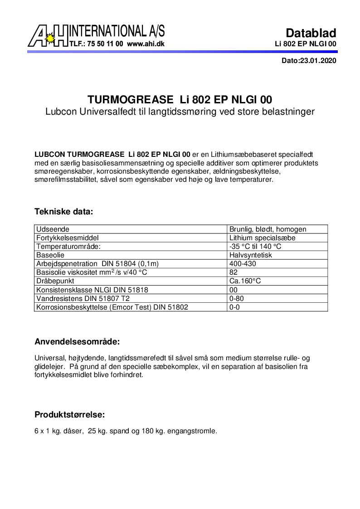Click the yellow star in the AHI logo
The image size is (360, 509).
tap(50, 39)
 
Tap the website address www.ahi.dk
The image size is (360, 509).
tap(146, 44)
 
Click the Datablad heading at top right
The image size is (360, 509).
tap(311, 33)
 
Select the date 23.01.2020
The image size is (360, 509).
tap(318, 61)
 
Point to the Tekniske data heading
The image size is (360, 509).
tap(64, 212)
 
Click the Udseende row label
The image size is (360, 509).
tap(53, 229)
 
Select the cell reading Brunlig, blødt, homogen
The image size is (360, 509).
tap(268, 229)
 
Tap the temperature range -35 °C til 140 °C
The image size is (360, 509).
tap(255, 247)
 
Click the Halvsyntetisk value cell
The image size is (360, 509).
tap(251, 255)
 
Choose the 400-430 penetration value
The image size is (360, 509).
tap(243, 264)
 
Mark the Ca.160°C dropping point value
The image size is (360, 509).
tap(245, 281)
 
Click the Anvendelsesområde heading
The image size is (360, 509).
tap(77, 341)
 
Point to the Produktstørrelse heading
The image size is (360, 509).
tap(70, 414)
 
